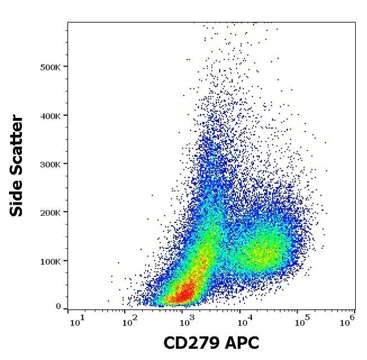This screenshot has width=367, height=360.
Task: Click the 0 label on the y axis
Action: pos(58,306)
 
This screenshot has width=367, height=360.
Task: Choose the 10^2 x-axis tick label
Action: pos(130,322)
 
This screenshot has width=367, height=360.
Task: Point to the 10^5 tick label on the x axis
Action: pos(302,322)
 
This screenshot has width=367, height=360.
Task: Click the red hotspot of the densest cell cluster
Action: pos(182,295)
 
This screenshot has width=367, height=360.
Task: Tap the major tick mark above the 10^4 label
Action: pos(240,310)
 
